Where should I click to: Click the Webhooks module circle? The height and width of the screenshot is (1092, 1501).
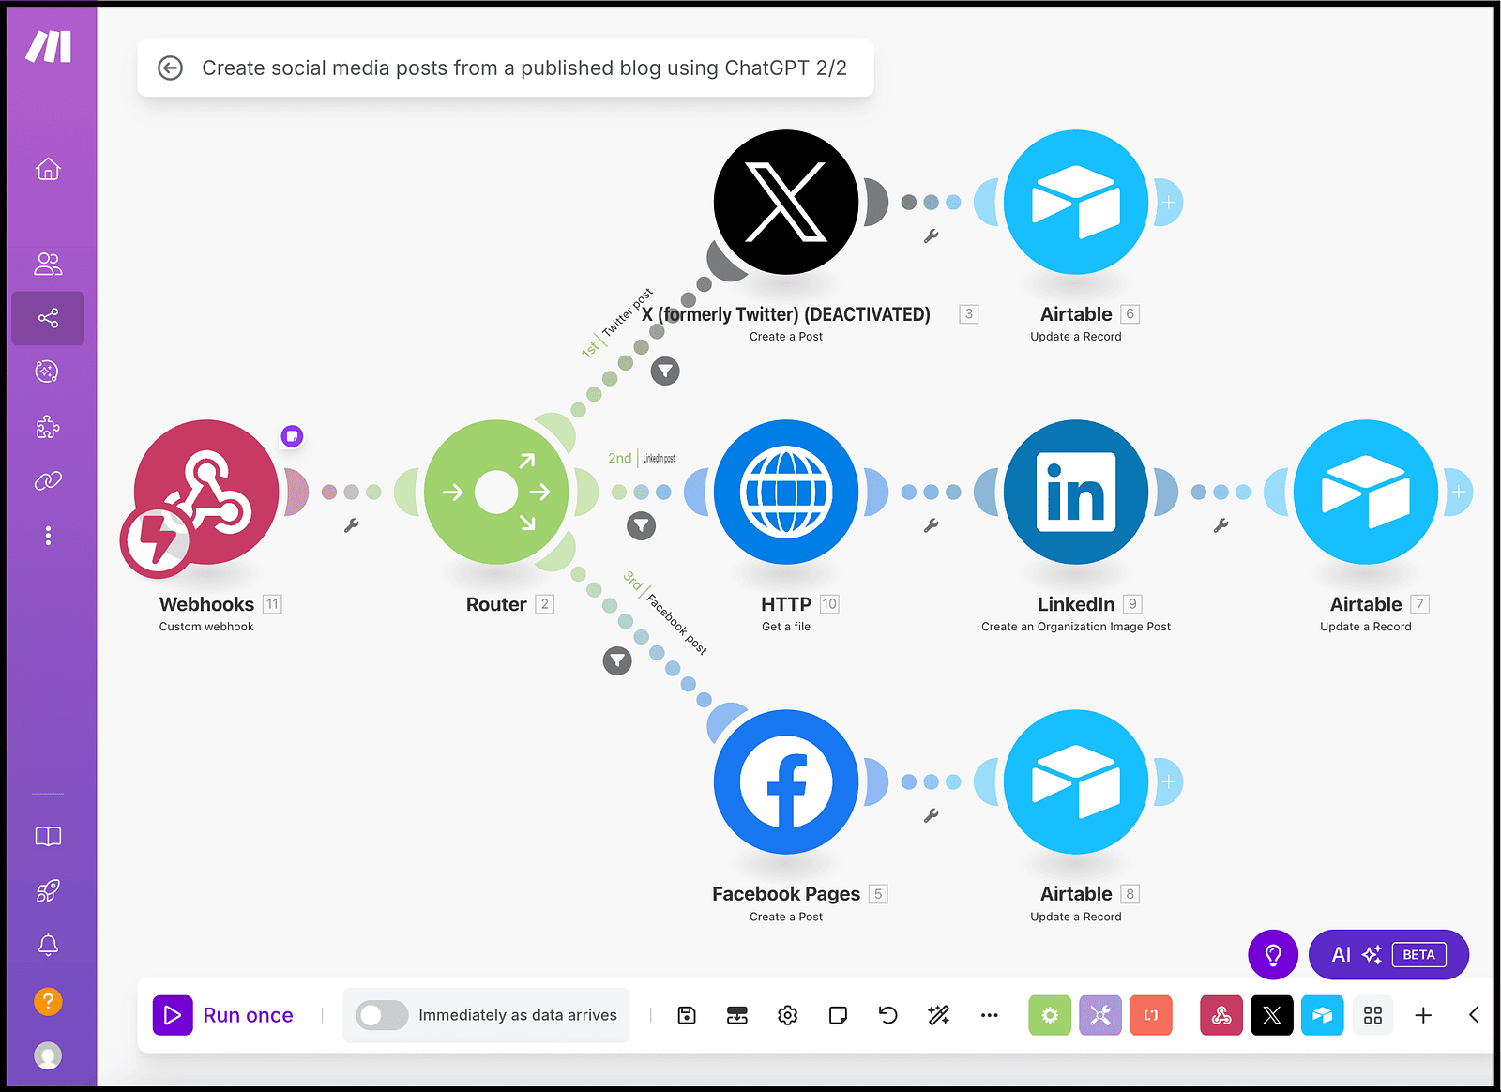[206, 492]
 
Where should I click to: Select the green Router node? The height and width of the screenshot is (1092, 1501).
[496, 492]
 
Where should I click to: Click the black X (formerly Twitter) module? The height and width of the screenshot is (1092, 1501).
[786, 202]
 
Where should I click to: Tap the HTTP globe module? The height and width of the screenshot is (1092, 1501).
[786, 492]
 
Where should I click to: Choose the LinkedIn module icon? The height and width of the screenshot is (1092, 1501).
[1076, 492]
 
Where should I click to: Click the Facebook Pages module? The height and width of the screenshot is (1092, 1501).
[786, 781]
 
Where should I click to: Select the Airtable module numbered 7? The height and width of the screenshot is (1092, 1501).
[1366, 492]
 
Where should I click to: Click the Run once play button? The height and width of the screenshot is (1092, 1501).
[173, 1015]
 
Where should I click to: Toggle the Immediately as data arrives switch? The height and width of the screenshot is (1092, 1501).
[382, 1015]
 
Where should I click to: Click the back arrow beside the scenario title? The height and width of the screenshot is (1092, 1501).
[170, 68]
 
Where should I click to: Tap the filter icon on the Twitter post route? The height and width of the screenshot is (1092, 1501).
[665, 371]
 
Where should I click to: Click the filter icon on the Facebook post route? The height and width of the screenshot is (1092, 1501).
[616, 660]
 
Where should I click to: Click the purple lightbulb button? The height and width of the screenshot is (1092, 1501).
[1273, 955]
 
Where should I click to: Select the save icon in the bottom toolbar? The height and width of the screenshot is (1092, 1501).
[687, 1015]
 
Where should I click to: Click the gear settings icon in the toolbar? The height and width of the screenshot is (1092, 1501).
[788, 1015]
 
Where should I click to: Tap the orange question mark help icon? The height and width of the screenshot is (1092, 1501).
[48, 1002]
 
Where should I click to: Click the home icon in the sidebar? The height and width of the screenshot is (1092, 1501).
[48, 169]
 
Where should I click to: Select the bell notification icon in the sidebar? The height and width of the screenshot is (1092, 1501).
[48, 945]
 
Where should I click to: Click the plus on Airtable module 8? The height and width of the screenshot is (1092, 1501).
[1169, 781]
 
